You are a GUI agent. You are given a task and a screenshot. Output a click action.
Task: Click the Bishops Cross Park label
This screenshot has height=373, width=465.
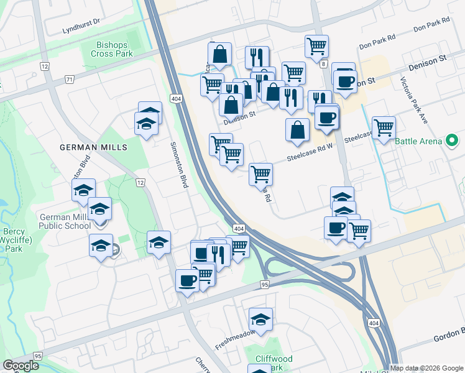coord(114,49)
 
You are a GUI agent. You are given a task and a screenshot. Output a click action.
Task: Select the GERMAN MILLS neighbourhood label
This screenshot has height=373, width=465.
coord(93,147)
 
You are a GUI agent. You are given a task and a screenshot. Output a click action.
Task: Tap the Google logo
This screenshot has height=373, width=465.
coord(21,366)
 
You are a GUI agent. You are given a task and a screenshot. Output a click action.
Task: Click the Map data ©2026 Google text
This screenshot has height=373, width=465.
coord(426,368)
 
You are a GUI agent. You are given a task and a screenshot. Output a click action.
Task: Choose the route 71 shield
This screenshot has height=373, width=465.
coord(69,80)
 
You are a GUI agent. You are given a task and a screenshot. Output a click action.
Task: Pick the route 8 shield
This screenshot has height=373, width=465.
coord(324,63)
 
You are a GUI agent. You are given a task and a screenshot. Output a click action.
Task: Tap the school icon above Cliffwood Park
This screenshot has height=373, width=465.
coord(261,320)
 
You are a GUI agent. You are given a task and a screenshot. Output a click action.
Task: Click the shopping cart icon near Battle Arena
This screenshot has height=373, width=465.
coord(384,127)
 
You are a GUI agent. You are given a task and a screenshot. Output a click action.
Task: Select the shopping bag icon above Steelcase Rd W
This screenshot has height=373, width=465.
coord(298,129)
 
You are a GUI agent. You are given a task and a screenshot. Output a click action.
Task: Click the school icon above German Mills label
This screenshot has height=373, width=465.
coord(147,123)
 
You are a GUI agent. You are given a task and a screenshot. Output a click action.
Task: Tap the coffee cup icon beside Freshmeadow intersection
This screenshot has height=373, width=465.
coord(187,280)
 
